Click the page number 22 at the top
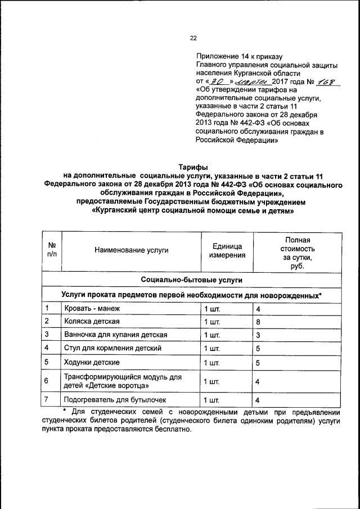(x=193, y=38)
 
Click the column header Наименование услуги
(x=131, y=250)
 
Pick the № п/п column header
(x=51, y=250)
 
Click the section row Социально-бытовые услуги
(x=192, y=280)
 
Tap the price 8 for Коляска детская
(x=258, y=322)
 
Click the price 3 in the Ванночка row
(x=258, y=335)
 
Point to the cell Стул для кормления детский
(x=112, y=348)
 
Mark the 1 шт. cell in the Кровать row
(x=211, y=309)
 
